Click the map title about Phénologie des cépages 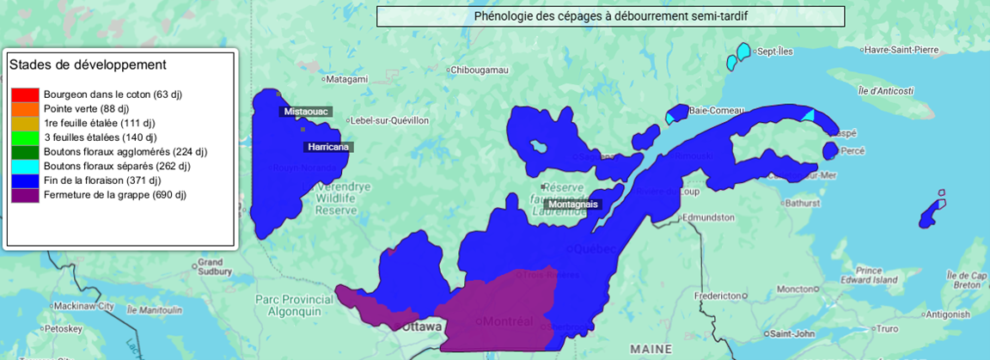[x=610, y=16]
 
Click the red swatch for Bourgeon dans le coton [x=25, y=95]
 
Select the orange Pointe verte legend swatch [x=25, y=109]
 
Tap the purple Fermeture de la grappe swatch [x=25, y=195]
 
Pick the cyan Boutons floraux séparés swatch [x=25, y=167]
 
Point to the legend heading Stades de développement [x=87, y=65]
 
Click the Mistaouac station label [x=307, y=112]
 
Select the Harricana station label [x=328, y=147]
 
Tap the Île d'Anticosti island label [x=885, y=90]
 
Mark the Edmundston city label [x=712, y=217]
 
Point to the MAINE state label [x=651, y=349]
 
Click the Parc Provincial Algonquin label [x=293, y=305]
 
